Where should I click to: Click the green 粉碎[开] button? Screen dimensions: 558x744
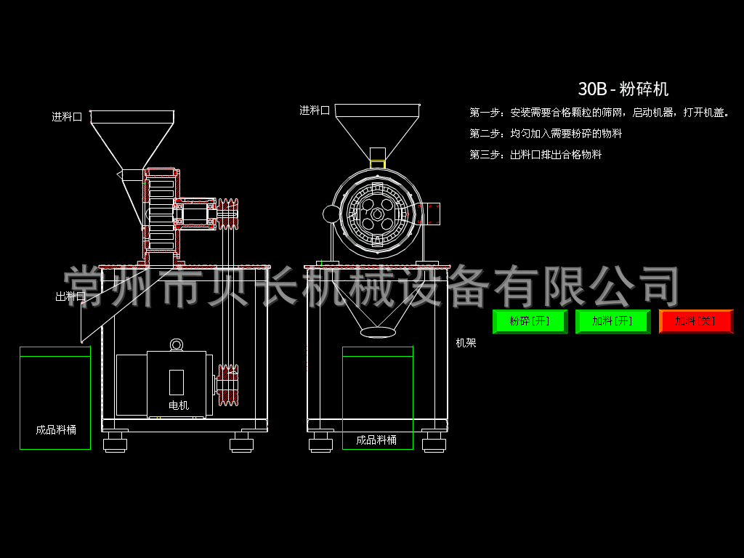(x=530, y=321)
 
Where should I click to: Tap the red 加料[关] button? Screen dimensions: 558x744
(x=695, y=321)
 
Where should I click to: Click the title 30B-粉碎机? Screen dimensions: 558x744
(x=623, y=89)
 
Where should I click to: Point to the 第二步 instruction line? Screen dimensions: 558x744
(x=546, y=134)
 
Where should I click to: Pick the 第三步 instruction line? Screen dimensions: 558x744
(x=535, y=155)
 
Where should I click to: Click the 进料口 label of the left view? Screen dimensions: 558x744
(x=66, y=116)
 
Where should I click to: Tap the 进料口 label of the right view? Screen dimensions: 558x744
(x=315, y=110)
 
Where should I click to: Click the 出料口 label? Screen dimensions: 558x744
(x=70, y=296)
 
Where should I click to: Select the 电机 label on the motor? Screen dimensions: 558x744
(x=179, y=405)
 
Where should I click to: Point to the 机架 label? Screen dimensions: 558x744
(x=466, y=343)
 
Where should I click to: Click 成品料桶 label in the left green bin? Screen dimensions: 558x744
(x=55, y=429)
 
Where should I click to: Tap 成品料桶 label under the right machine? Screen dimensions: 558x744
(x=376, y=440)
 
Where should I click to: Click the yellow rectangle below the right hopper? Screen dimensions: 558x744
(x=378, y=164)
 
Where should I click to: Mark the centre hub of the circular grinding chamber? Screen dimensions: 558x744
(x=378, y=214)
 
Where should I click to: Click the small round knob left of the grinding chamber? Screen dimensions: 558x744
(x=331, y=214)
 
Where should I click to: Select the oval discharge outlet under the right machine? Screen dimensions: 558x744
(x=379, y=332)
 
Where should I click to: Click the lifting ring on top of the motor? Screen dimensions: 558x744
(x=177, y=344)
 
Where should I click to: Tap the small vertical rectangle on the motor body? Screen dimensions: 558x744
(x=177, y=382)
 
